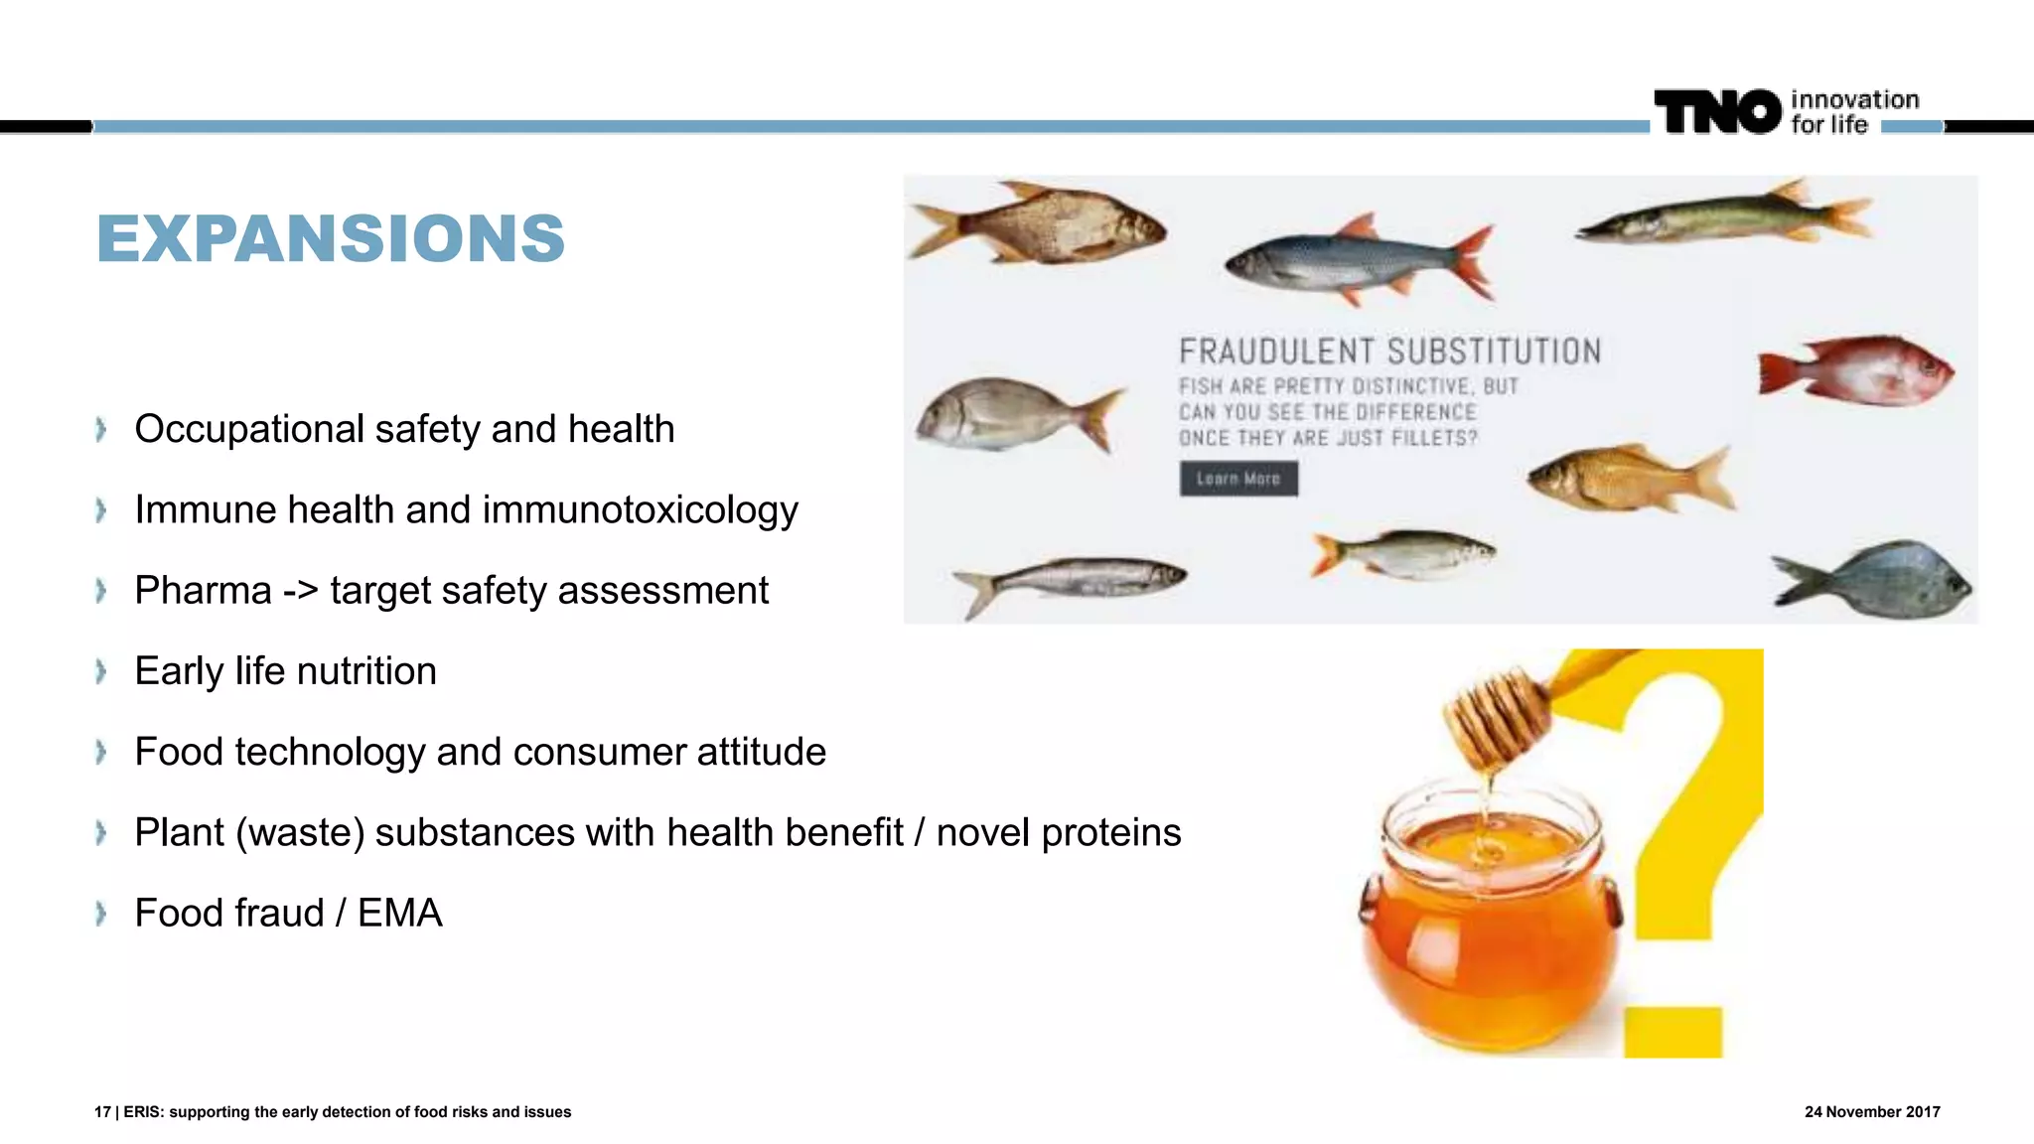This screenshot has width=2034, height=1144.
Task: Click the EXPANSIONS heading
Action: click(331, 239)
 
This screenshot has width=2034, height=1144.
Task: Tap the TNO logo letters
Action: click(1717, 111)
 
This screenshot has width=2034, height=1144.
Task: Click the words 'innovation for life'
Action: click(1853, 111)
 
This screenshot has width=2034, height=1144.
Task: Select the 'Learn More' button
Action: click(1238, 479)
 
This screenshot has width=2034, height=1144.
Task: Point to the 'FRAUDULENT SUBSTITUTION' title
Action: click(1389, 352)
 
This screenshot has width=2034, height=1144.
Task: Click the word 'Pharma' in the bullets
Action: click(203, 591)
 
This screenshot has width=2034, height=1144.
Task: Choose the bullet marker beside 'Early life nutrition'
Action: click(100, 672)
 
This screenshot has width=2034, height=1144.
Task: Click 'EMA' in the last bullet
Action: click(399, 914)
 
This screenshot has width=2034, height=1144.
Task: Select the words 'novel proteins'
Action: click(1059, 833)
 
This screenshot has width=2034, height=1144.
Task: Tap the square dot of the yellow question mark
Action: click(1672, 1032)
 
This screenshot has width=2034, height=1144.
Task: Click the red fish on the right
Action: click(1856, 371)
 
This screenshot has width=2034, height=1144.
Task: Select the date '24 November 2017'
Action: click(1871, 1112)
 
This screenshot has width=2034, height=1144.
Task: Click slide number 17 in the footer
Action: click(102, 1112)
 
